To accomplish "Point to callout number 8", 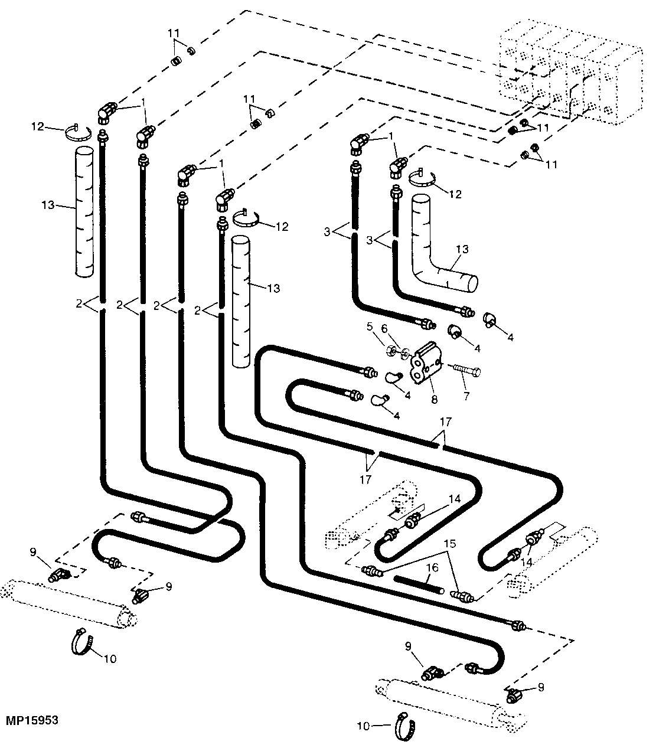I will click(434, 400).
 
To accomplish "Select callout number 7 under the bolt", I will click(466, 396).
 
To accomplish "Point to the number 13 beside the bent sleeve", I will click(461, 250).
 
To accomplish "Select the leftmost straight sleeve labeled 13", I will click(84, 212).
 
